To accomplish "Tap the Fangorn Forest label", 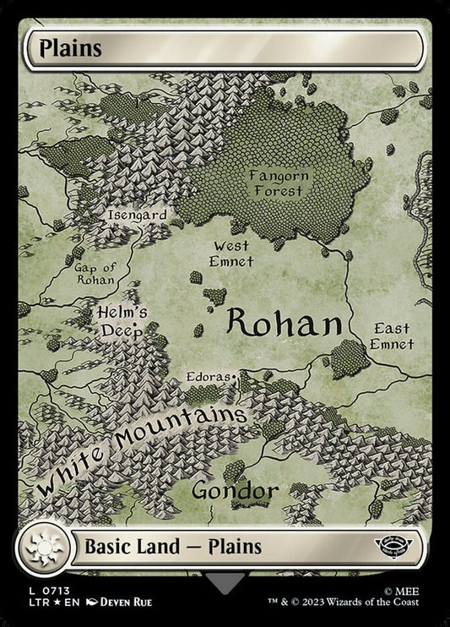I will click(279, 183).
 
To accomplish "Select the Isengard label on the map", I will click(137, 215).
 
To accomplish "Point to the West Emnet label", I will click(230, 253).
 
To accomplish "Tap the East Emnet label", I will click(391, 335).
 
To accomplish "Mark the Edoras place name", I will click(211, 371).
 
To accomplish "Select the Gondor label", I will click(235, 490).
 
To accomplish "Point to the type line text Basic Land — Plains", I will click(172, 547).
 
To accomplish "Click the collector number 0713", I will click(51, 592).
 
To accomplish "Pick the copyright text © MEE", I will click(415, 592).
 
